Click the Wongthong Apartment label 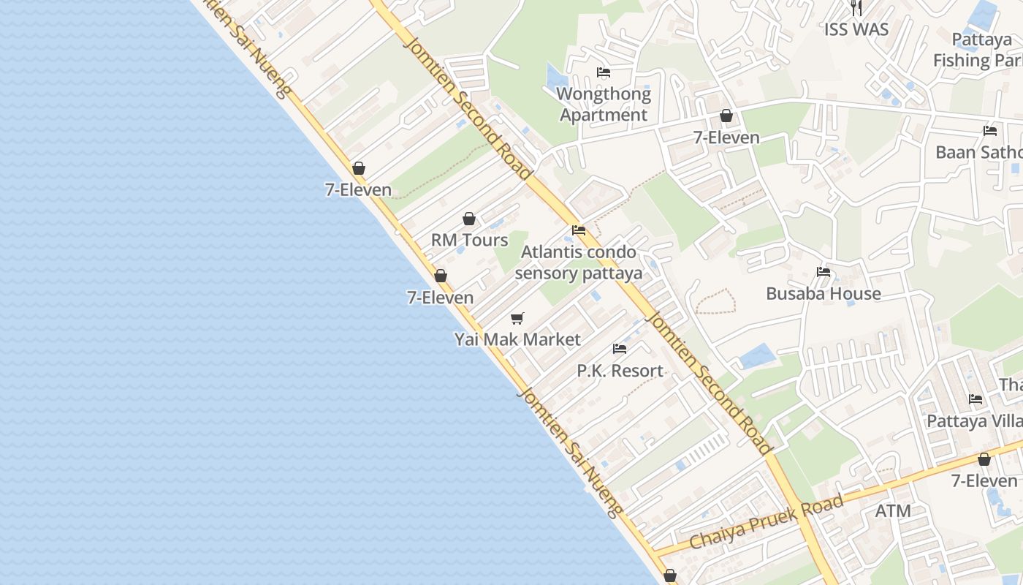(x=604, y=105)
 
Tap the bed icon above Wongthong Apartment (x=604, y=72)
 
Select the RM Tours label (x=469, y=240)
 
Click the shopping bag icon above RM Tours (x=469, y=219)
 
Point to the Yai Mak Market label (x=517, y=339)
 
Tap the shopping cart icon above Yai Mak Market (x=517, y=318)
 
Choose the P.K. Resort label (x=620, y=371)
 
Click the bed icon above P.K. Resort (x=620, y=349)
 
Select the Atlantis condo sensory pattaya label (x=578, y=263)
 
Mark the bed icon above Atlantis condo (x=579, y=230)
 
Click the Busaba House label (x=824, y=293)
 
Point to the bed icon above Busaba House (x=824, y=272)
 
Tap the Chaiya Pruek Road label (x=767, y=521)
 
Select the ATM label (x=893, y=510)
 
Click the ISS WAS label (x=856, y=29)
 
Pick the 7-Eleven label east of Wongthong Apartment (x=726, y=137)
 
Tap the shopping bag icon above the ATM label (x=984, y=459)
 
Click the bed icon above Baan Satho (x=990, y=131)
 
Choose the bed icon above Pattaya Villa (x=976, y=399)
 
